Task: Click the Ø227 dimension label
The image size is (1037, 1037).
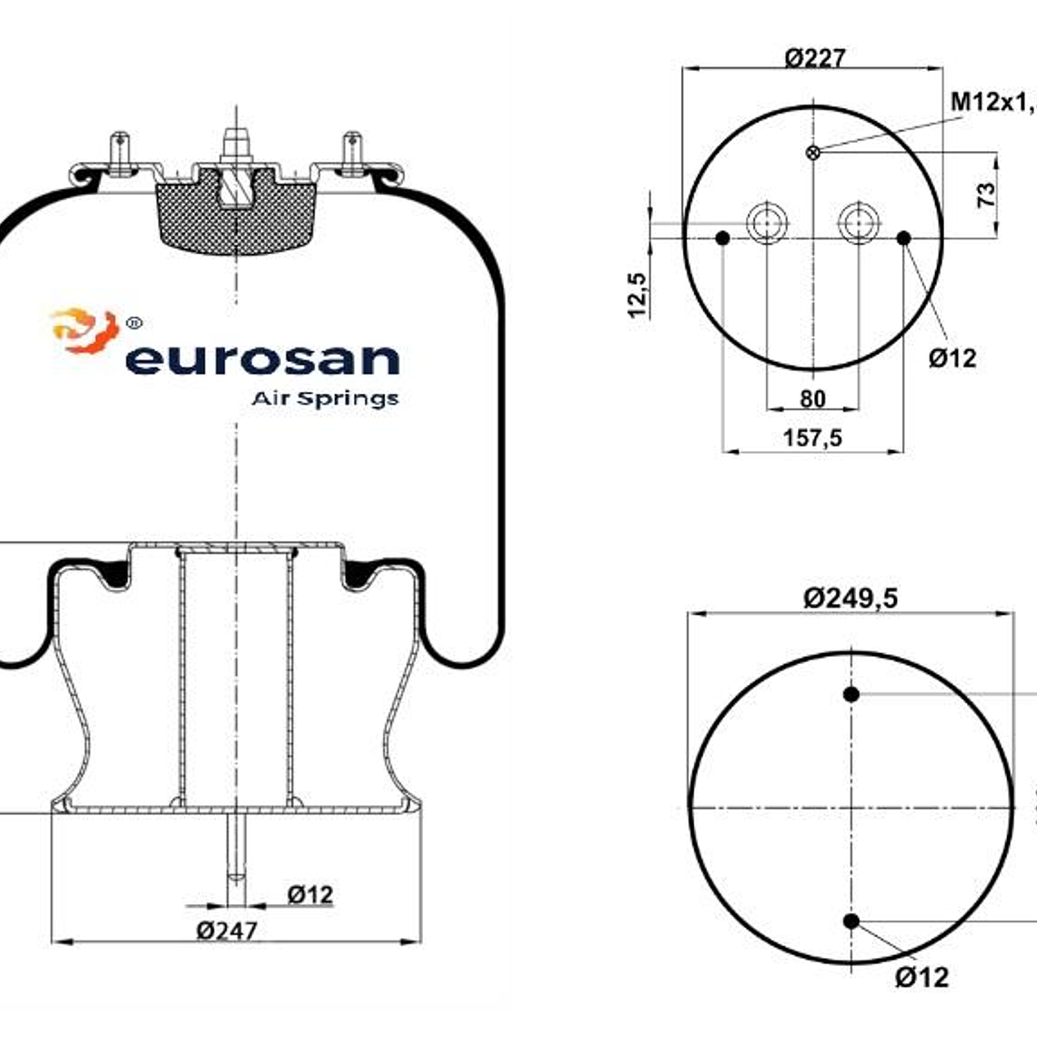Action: click(814, 57)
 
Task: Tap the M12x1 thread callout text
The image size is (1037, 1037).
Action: click(992, 101)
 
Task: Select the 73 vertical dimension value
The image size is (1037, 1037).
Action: click(986, 194)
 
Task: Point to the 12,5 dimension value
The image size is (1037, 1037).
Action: click(637, 295)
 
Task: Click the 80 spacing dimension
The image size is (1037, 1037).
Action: click(812, 398)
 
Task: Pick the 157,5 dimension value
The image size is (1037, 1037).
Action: click(812, 438)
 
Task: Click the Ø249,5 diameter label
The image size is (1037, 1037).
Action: click(850, 598)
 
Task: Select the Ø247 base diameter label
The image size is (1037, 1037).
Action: click(227, 931)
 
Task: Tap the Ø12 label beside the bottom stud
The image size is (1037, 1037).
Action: click(310, 895)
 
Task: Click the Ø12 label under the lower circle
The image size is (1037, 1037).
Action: click(921, 978)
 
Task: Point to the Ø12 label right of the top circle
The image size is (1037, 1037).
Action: click(951, 357)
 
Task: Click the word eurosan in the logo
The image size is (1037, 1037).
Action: click(262, 358)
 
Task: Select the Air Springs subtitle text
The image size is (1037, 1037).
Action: click(324, 398)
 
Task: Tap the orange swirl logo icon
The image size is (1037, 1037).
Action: click(85, 331)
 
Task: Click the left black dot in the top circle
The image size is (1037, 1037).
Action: click(723, 238)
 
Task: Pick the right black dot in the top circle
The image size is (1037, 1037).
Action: click(903, 238)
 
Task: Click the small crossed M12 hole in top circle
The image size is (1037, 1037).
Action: click(813, 152)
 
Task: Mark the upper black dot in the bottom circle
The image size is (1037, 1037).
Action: click(851, 694)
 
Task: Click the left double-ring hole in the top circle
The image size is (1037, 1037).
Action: click(767, 222)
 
